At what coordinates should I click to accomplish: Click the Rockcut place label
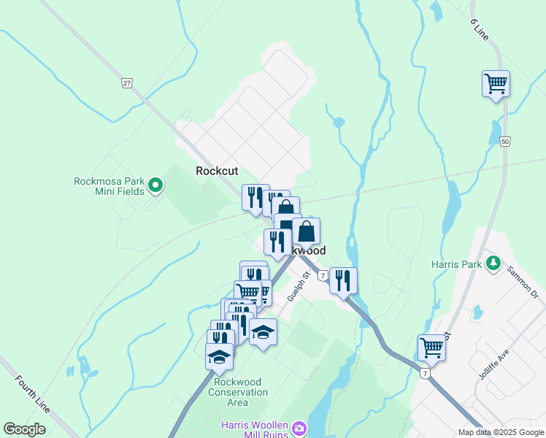217,171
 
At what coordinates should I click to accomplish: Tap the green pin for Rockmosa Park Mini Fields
155,186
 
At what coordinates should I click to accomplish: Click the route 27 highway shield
127,83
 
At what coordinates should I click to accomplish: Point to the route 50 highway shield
504,142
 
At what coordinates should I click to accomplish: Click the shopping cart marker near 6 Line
496,84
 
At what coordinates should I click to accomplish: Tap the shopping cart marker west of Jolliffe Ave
431,348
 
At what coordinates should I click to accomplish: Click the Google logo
25,429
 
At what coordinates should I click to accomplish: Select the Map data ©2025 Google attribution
500,432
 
